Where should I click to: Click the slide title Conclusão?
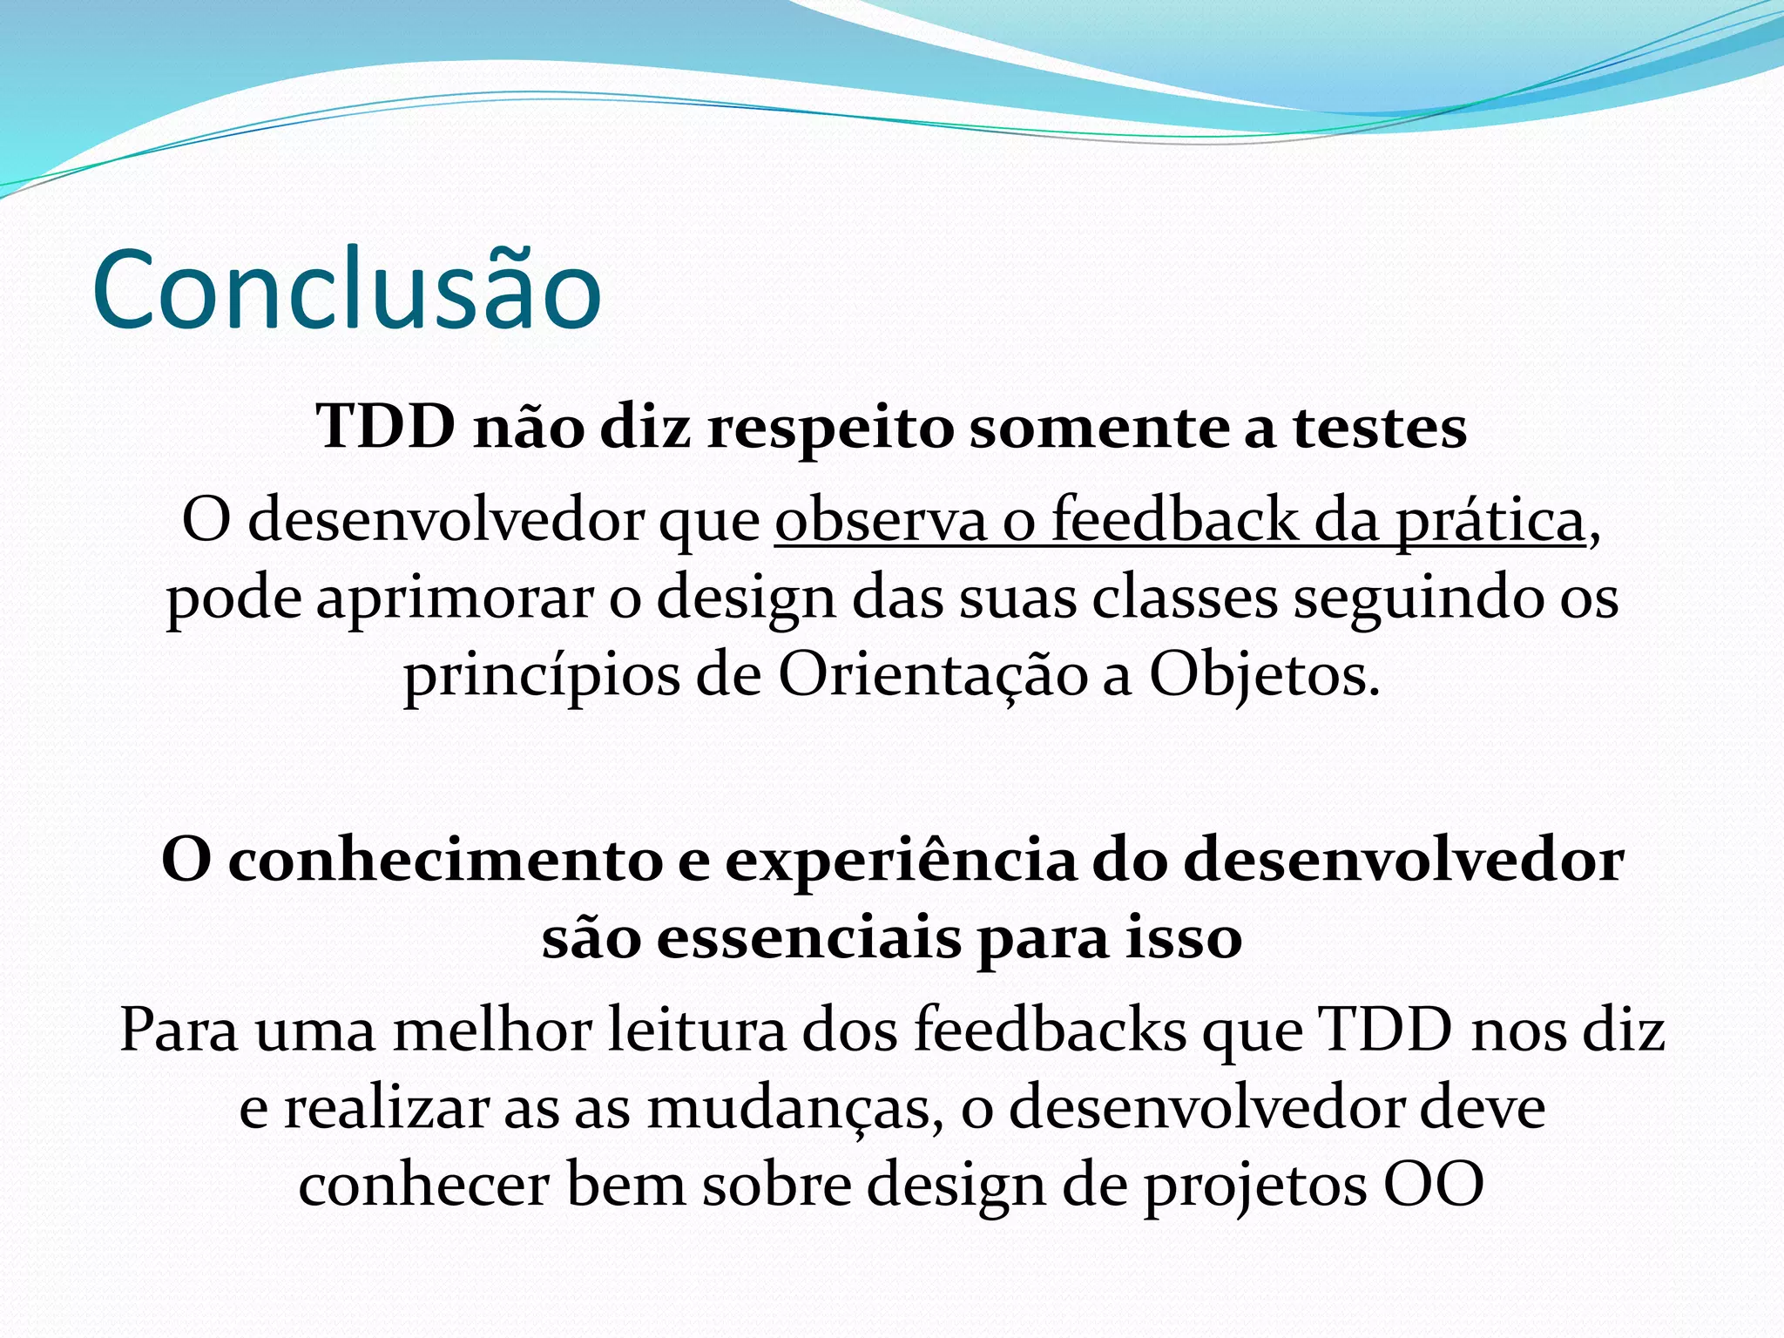(347, 289)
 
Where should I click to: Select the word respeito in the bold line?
(830, 429)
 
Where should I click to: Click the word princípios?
(541, 678)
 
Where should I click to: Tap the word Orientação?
(932, 676)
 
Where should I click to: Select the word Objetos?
(1264, 676)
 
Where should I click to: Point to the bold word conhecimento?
(445, 861)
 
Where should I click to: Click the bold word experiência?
(901, 861)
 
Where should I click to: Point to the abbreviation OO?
(1434, 1186)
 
